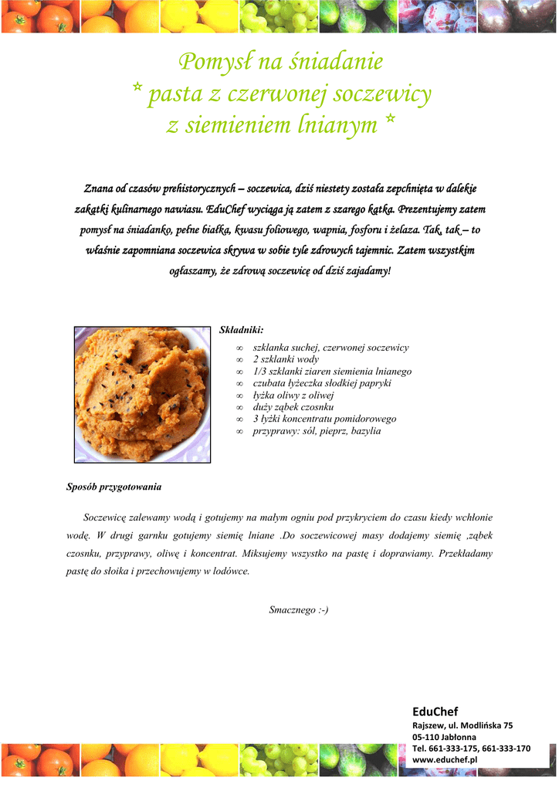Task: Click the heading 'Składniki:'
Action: click(242, 331)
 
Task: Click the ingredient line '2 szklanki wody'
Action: click(286, 359)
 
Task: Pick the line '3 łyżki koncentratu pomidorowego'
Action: click(324, 419)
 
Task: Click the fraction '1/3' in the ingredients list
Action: click(260, 372)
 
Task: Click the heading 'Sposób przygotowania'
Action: click(113, 487)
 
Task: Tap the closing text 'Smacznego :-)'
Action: click(299, 609)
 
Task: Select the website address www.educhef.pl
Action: click(446, 760)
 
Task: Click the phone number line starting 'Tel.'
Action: click(471, 749)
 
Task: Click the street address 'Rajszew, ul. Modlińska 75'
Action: click(462, 725)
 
